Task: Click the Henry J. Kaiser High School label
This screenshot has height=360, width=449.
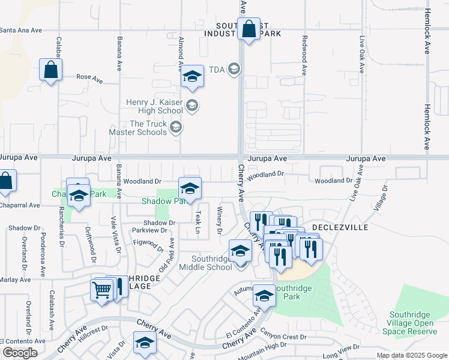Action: pyautogui.click(x=154, y=106)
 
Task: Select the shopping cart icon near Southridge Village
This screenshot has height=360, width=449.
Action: pyautogui.click(x=101, y=290)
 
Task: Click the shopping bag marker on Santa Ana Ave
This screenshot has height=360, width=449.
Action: pyautogui.click(x=248, y=29)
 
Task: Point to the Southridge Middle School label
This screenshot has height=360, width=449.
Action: pyautogui.click(x=211, y=263)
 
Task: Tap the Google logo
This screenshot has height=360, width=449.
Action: pyautogui.click(x=19, y=353)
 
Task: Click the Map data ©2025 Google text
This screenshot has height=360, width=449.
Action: pyautogui.click(x=411, y=355)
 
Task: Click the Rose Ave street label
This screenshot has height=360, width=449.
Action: pyautogui.click(x=89, y=79)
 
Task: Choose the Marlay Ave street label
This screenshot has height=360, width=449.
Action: pyautogui.click(x=15, y=280)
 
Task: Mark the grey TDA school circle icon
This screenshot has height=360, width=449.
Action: pyautogui.click(x=234, y=70)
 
